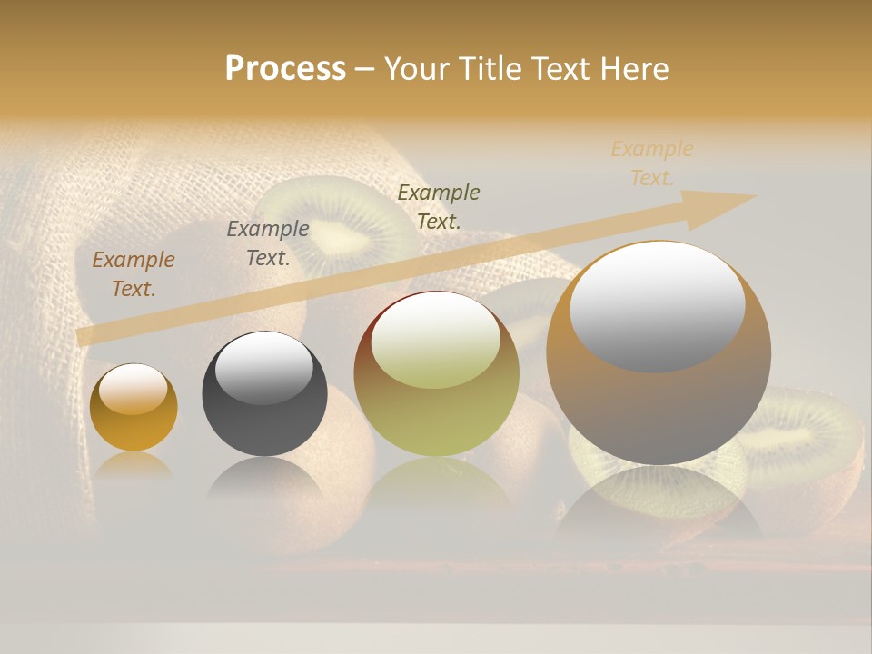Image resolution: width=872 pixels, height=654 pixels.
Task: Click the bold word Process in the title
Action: click(x=285, y=69)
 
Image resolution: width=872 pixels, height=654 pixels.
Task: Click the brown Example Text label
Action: click(x=134, y=274)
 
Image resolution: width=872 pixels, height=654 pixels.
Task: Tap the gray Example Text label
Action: click(x=268, y=243)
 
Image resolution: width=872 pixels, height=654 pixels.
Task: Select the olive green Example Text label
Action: click(x=439, y=206)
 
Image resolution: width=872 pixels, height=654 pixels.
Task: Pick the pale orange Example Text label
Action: click(x=652, y=163)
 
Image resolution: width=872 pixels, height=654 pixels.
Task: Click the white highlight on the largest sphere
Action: click(x=658, y=304)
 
